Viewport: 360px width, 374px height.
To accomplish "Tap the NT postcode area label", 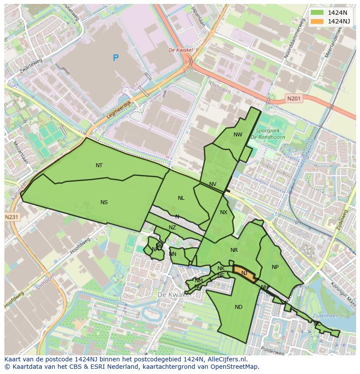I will tap(99, 165).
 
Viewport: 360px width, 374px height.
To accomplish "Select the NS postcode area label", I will tap(104, 202).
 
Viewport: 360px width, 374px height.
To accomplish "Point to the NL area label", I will tap(181, 198).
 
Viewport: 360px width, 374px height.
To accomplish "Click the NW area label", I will tap(238, 135).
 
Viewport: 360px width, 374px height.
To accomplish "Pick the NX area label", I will tap(223, 212).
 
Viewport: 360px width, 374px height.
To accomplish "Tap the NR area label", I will tap(234, 250).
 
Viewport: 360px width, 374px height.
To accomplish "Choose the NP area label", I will tap(275, 267).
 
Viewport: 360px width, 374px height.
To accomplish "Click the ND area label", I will tap(238, 307).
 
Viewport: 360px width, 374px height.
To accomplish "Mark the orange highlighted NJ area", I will tap(244, 273).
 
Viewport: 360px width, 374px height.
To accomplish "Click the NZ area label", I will tap(172, 228).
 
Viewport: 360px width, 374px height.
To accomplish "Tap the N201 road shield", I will tap(293, 99).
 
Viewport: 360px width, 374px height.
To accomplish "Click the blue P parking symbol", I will tap(116, 58).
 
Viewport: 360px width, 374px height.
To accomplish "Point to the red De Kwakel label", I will tap(180, 50).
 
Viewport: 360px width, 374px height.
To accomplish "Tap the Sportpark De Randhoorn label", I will tap(268, 134).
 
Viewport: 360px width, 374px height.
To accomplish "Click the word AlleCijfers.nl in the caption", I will tap(227, 360).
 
